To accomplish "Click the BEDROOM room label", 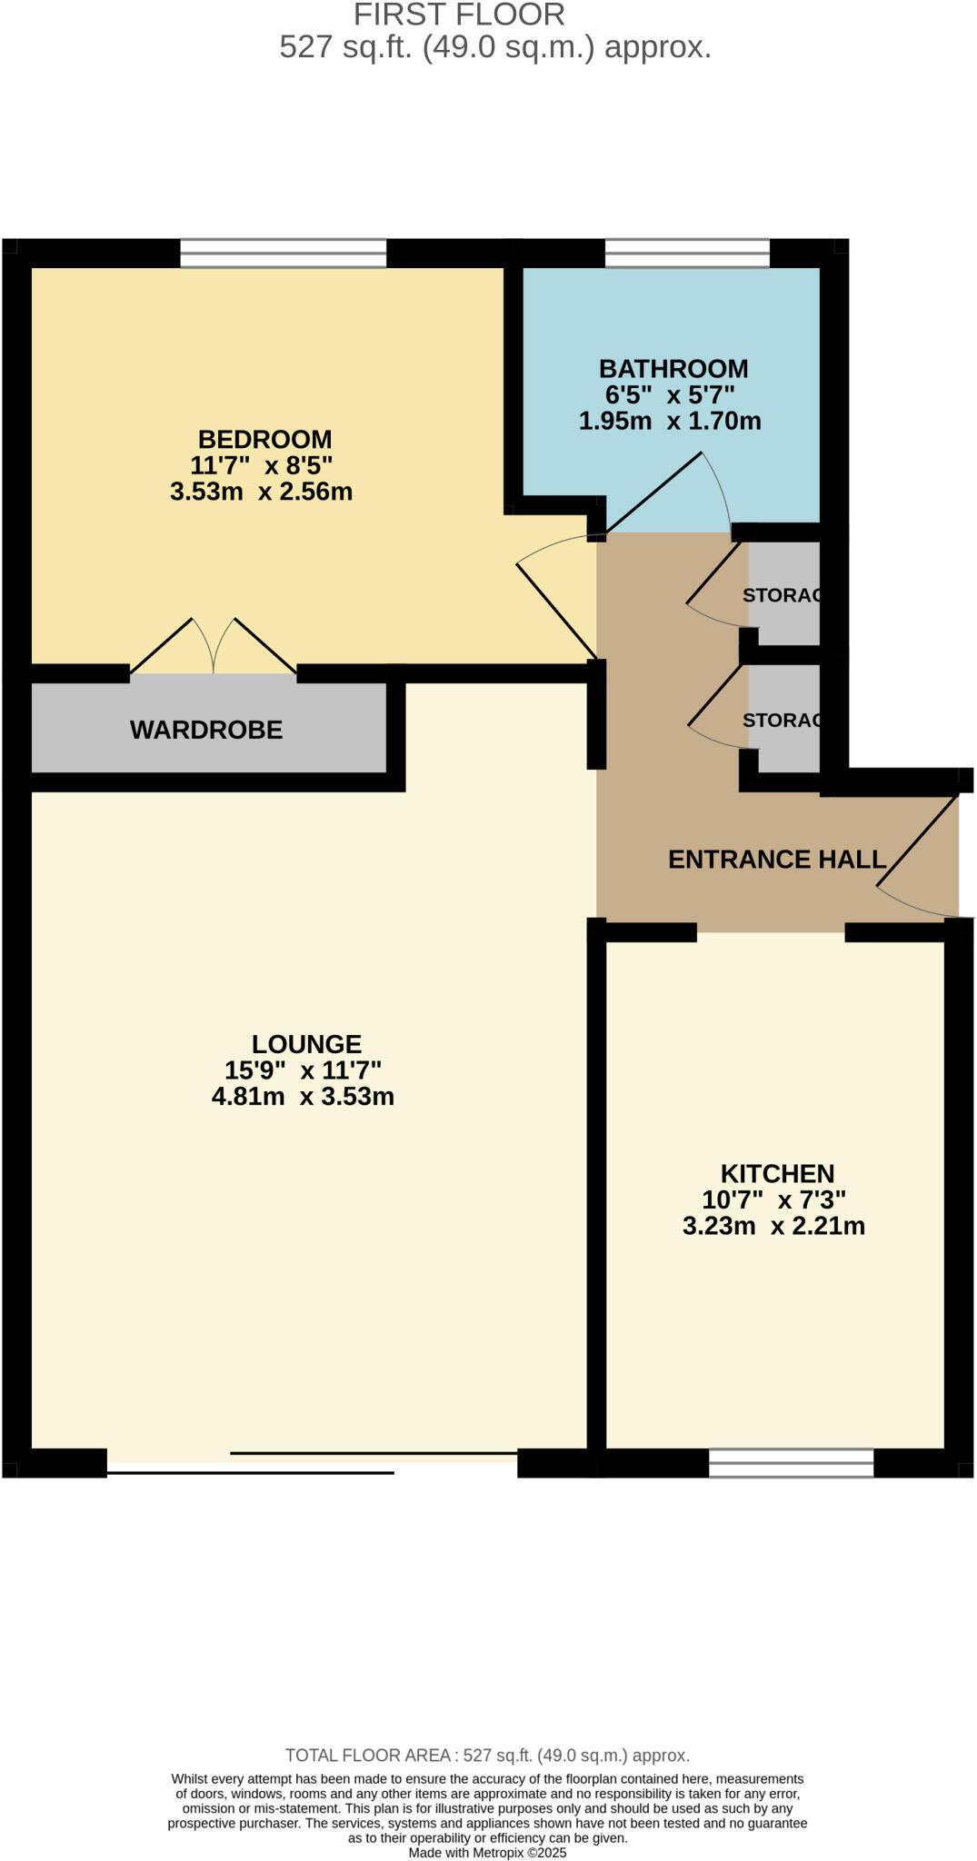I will click(264, 439).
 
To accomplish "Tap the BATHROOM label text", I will click(673, 369).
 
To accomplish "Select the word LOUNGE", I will click(306, 1044).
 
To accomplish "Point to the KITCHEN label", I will click(777, 1173).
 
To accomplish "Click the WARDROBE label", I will click(206, 730).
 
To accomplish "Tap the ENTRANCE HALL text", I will click(776, 860).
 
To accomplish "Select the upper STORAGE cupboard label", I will click(782, 595).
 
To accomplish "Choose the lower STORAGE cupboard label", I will click(782, 720).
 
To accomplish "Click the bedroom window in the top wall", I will click(283, 254).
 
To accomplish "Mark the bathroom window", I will click(687, 254).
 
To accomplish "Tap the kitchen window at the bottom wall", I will click(791, 1462).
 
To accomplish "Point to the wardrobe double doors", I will click(214, 646).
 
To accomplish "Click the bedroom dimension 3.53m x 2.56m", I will click(261, 493).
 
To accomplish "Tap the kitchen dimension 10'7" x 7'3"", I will click(773, 1199).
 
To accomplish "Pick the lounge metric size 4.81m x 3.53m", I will click(303, 1097).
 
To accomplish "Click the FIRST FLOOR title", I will click(459, 15).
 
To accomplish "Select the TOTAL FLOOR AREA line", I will click(487, 1756).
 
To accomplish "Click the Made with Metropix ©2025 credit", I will click(487, 1853).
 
